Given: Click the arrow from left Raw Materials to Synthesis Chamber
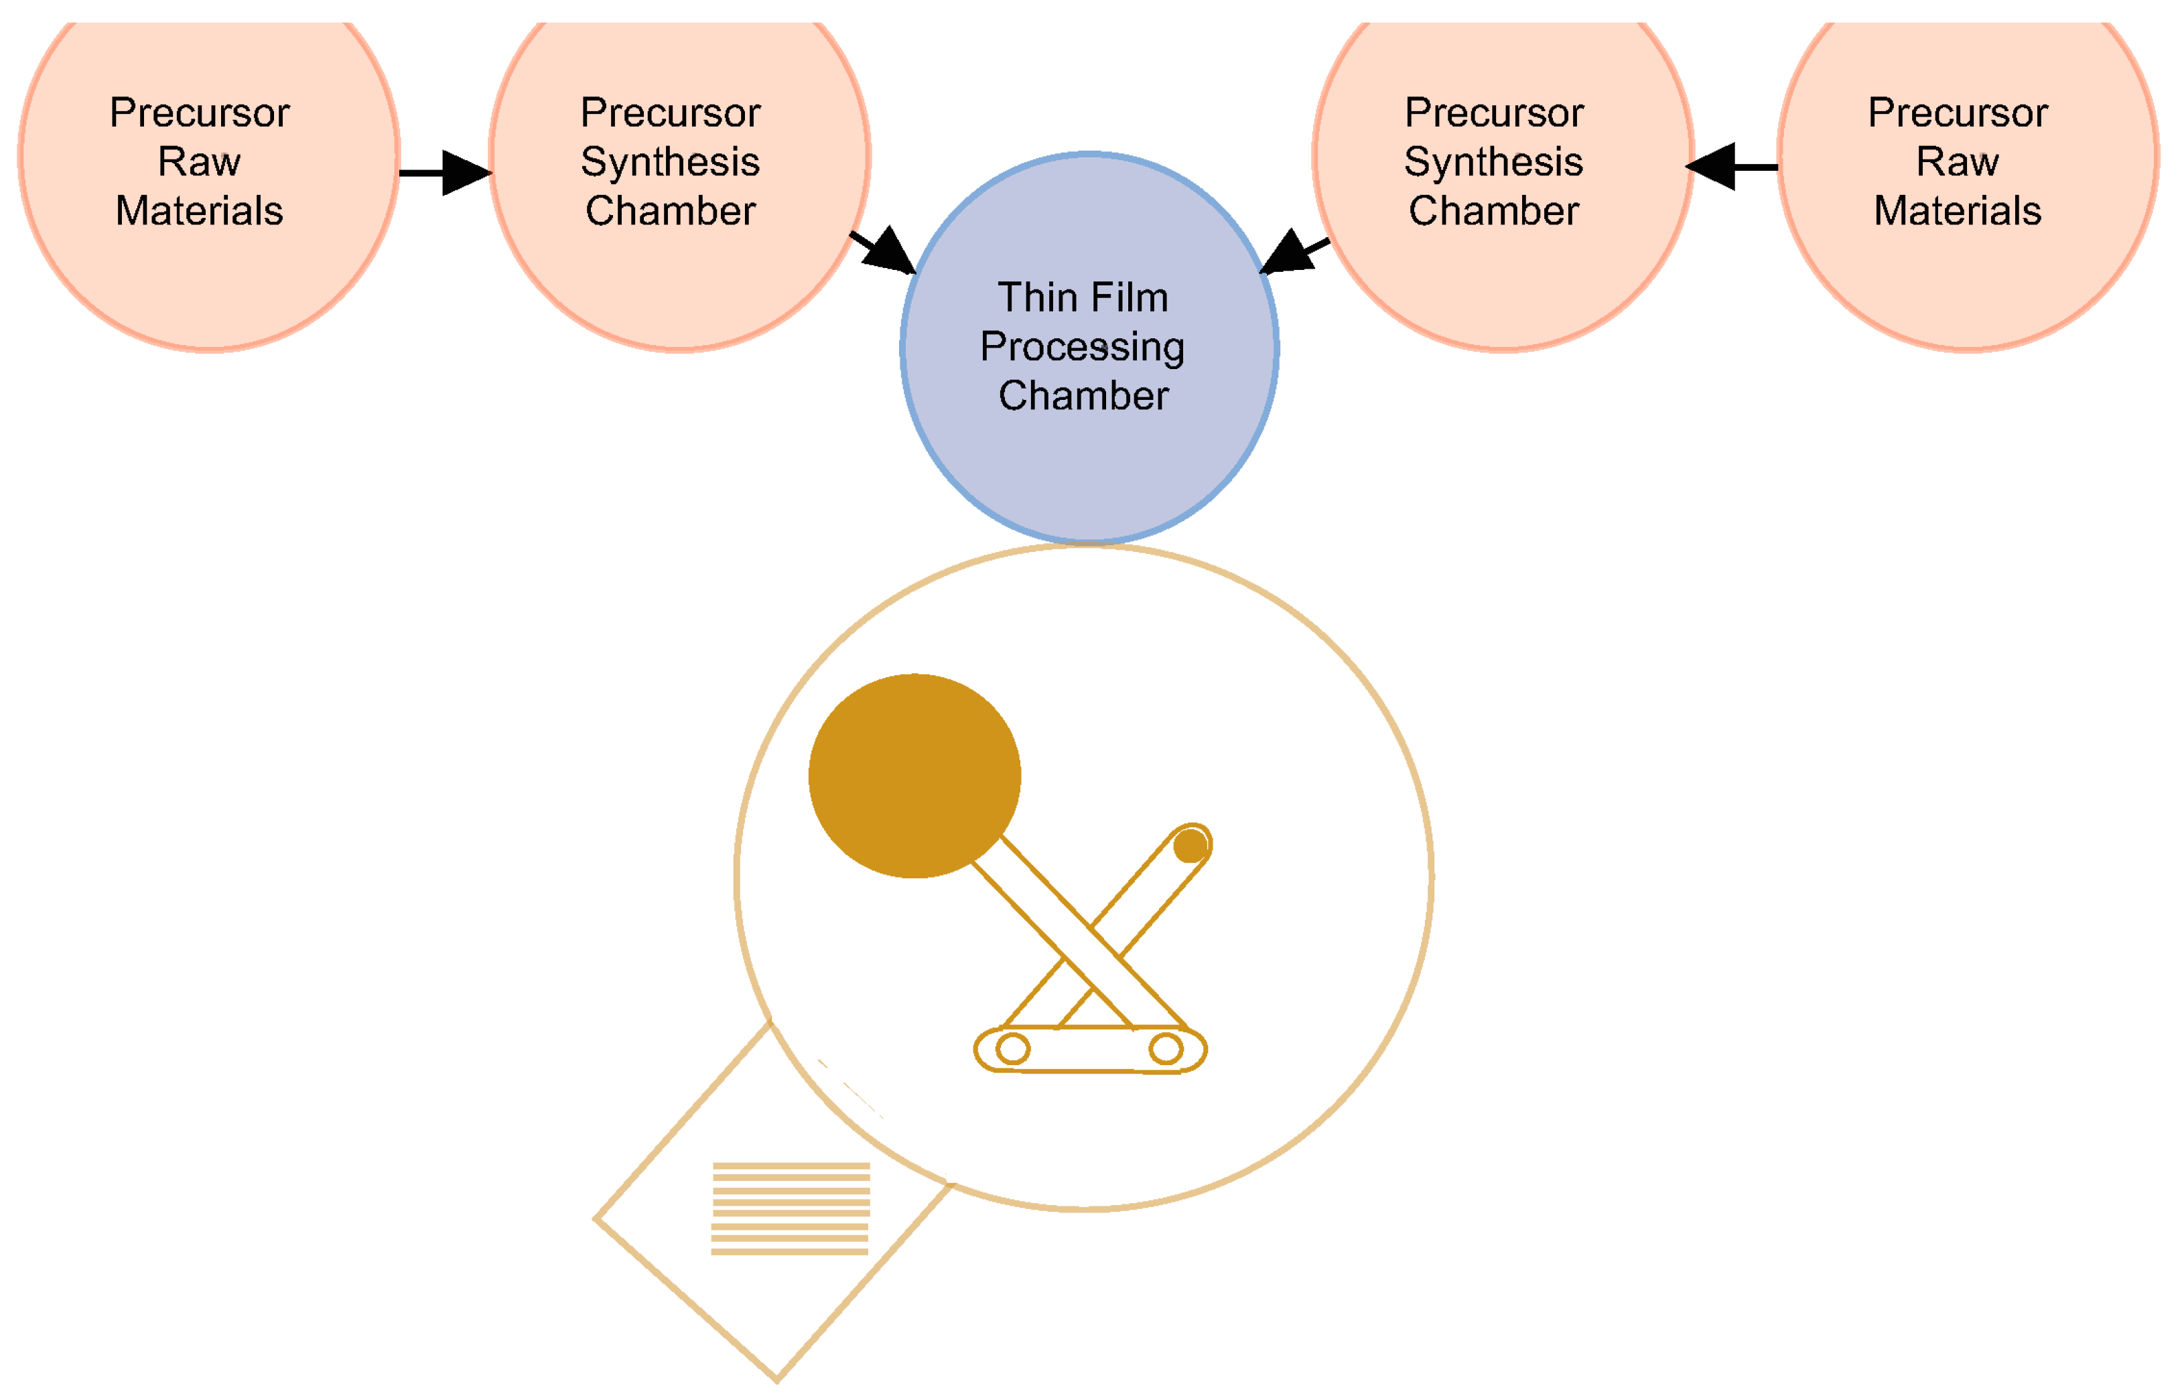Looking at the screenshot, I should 446,173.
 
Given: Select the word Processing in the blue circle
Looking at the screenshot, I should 1082,347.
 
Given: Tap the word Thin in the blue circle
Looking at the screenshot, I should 1037,298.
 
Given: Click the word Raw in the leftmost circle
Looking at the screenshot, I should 199,162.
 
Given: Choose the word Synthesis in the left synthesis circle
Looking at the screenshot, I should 670,162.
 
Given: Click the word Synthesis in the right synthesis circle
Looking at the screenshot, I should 1493,162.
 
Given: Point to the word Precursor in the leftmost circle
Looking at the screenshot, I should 199,113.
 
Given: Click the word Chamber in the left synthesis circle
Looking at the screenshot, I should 670,211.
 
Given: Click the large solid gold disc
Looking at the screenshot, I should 914,776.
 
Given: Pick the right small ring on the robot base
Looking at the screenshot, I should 1165,1049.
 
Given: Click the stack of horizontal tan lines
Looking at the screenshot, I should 790,1208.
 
